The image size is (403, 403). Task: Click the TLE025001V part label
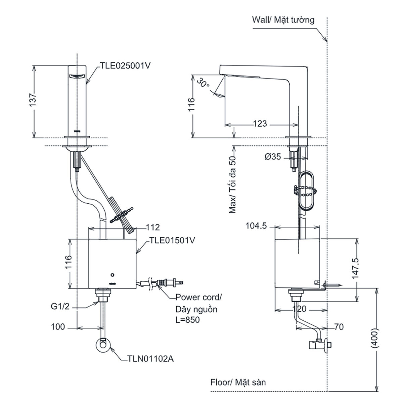click(125, 66)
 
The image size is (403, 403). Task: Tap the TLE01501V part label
click(172, 240)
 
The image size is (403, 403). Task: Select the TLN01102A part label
click(150, 359)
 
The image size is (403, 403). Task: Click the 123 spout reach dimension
click(260, 124)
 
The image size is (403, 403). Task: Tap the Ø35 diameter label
click(273, 156)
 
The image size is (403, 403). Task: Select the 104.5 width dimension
click(256, 226)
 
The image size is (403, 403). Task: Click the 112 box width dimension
click(153, 227)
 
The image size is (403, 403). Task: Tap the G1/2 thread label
click(60, 307)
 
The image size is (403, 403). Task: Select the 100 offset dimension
click(58, 327)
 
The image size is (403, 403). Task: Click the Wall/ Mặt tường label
click(283, 20)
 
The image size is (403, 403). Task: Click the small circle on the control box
click(113, 275)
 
